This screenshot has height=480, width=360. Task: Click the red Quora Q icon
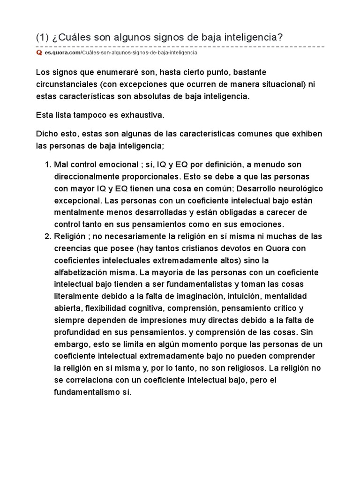39,53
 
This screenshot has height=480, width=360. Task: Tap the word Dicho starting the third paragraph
46,134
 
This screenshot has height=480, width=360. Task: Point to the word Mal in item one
61,165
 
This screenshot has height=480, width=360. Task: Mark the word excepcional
76,200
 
